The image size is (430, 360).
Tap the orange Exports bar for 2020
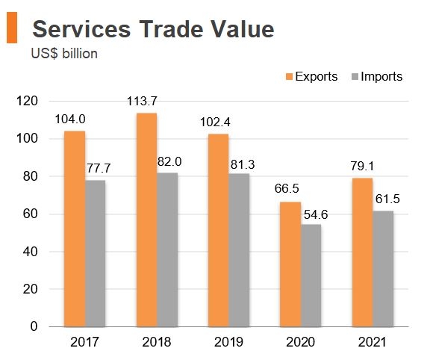click(290, 264)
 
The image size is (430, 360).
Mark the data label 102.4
click(213, 123)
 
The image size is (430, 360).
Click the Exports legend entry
click(311, 76)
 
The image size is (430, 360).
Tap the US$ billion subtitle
click(64, 53)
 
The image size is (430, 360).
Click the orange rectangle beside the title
click(12, 28)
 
